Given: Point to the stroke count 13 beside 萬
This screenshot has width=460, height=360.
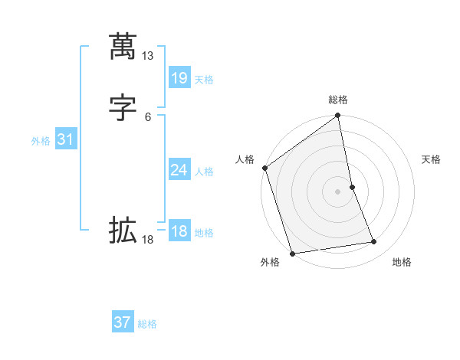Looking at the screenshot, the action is pos(147,56).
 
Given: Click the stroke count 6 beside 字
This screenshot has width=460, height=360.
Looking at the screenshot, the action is pos(147,116).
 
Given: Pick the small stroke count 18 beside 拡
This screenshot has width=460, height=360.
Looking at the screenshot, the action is pos(147,240).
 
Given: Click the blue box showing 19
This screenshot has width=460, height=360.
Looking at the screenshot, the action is pos(179,77).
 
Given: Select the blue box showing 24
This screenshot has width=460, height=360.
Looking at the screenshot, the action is pos(179,170).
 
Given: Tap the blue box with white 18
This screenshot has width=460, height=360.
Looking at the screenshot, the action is pos(179,231).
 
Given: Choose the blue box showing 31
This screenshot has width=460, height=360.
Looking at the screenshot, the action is pos(65,139).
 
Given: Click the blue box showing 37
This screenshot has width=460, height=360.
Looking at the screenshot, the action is pos(122,322).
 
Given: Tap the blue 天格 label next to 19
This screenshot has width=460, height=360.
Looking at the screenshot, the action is pos(204,80).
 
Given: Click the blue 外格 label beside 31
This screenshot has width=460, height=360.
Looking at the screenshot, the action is pos(41,141).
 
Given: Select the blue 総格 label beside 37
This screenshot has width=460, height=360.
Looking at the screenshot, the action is pos(147,324).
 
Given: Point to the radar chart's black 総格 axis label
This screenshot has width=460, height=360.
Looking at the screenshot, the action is pos(338,100).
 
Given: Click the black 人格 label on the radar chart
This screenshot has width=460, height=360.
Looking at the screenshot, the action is pos(245,159).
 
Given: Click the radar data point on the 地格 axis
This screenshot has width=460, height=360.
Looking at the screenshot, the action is pos(374,242).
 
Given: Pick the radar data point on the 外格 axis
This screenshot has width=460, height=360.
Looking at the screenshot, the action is pos(292,253).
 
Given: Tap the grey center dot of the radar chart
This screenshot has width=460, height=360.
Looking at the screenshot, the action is pos(338,191).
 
